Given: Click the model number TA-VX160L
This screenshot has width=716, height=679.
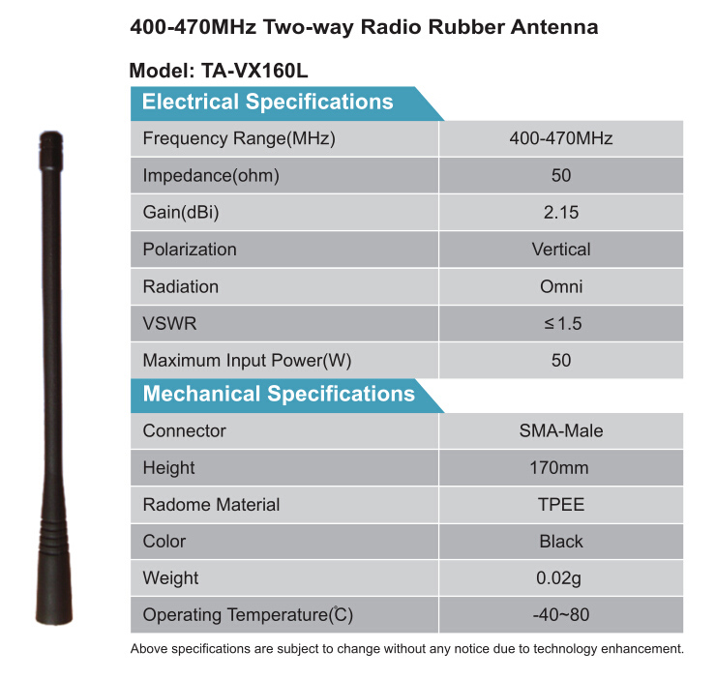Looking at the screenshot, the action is tap(254, 71).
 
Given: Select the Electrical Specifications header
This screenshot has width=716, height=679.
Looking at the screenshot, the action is tap(268, 102).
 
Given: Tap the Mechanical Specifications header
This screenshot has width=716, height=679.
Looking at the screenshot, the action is tap(279, 394).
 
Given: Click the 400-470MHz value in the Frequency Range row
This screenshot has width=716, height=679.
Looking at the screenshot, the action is tap(561, 138).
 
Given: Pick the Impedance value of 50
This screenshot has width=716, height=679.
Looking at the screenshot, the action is tap(561, 175).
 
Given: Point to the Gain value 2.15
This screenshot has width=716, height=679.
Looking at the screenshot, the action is tap(561, 213).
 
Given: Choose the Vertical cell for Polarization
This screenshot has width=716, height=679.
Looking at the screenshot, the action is tap(561, 250).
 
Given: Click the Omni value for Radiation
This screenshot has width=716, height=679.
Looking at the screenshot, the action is tap(561, 286).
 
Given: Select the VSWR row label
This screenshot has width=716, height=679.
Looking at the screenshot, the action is tap(169, 323).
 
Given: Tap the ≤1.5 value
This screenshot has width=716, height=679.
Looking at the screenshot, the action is tap(562, 323).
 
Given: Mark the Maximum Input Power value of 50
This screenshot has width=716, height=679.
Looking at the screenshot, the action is tap(561, 360).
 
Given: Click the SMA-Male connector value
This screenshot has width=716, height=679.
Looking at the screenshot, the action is tap(561, 430).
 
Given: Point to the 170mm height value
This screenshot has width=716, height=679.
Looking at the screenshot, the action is tap(559, 467).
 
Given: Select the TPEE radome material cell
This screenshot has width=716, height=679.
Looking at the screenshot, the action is tap(561, 505).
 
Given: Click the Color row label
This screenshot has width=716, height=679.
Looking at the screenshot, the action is tap(164, 541).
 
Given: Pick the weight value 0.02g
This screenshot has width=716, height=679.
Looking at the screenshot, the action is tap(558, 578).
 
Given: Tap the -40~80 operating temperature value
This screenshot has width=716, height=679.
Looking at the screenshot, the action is tap(561, 614).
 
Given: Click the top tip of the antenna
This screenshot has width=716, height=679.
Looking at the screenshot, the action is tap(50, 132).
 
